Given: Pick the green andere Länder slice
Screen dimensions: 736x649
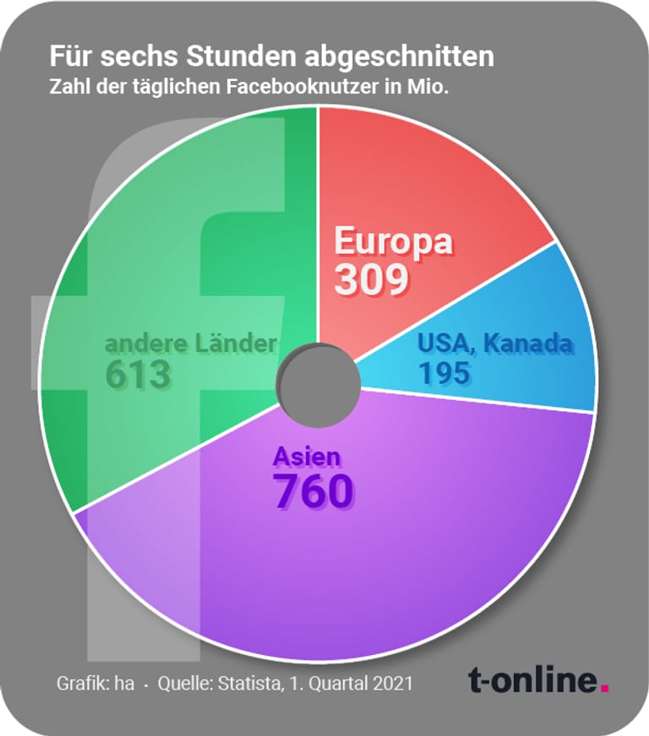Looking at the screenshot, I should (169, 253).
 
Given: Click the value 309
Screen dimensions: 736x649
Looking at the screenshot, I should (372, 279).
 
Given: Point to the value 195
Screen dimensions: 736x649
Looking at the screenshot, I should (445, 372).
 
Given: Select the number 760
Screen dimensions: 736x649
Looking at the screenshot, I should (312, 491).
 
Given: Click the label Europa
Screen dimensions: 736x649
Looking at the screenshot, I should (393, 242).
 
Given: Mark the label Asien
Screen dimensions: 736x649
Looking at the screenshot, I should (307, 457).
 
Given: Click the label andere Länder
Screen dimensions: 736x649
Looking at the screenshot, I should (190, 344).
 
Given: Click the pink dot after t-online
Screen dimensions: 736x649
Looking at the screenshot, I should (604, 688).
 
